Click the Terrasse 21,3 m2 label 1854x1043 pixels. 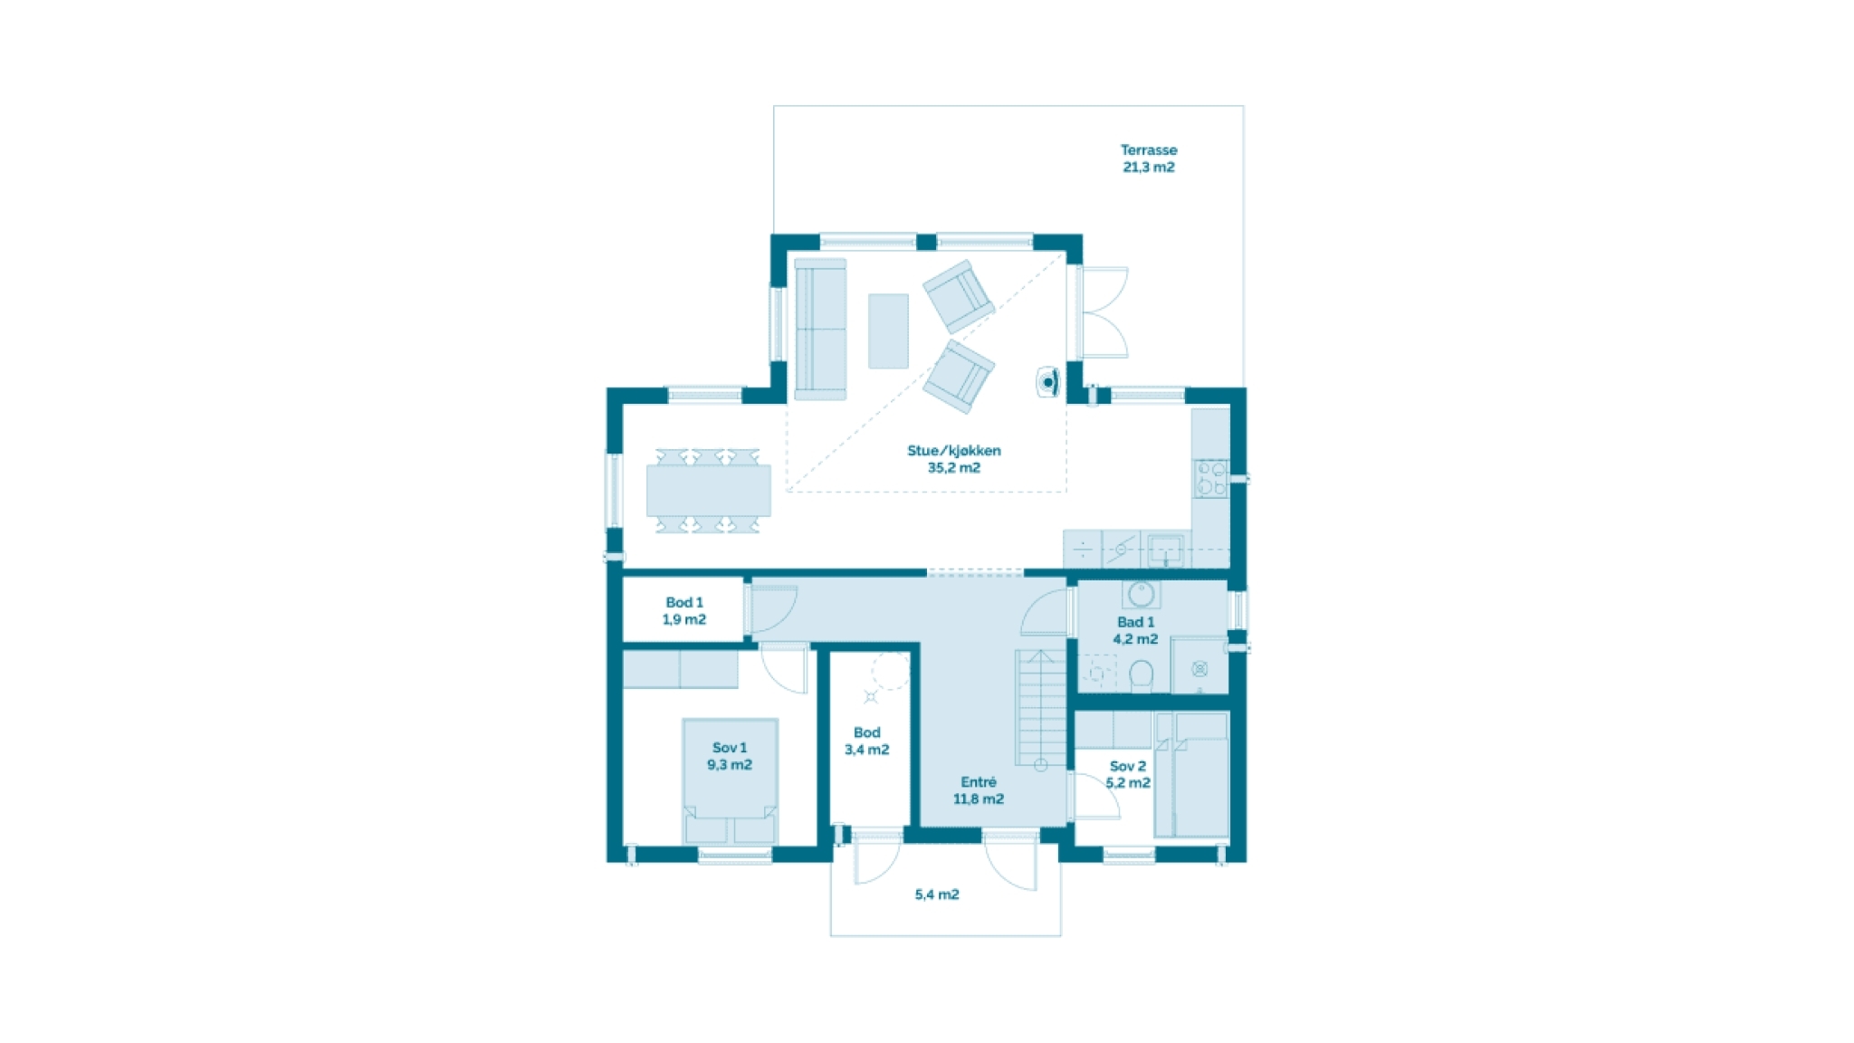[x=1149, y=158]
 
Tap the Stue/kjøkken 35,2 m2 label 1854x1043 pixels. [x=954, y=459]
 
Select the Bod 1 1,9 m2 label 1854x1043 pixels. [x=684, y=611]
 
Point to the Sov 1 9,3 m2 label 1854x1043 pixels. [x=730, y=756]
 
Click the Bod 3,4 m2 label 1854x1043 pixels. [x=867, y=742]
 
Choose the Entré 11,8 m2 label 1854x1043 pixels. [x=979, y=790]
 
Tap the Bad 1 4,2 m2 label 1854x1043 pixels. [x=1136, y=630]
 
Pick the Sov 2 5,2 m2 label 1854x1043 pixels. [x=1128, y=774]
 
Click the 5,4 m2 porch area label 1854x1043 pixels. [x=937, y=895]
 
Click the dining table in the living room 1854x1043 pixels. [x=709, y=491]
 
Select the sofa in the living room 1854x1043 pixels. [x=820, y=330]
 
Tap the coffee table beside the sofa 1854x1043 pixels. [x=888, y=331]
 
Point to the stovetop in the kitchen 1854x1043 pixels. [x=1210, y=479]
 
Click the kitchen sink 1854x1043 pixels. [x=1165, y=550]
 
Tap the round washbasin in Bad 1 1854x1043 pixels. [x=1141, y=594]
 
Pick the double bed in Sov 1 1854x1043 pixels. [x=730, y=781]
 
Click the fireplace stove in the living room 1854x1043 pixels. [x=1048, y=382]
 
